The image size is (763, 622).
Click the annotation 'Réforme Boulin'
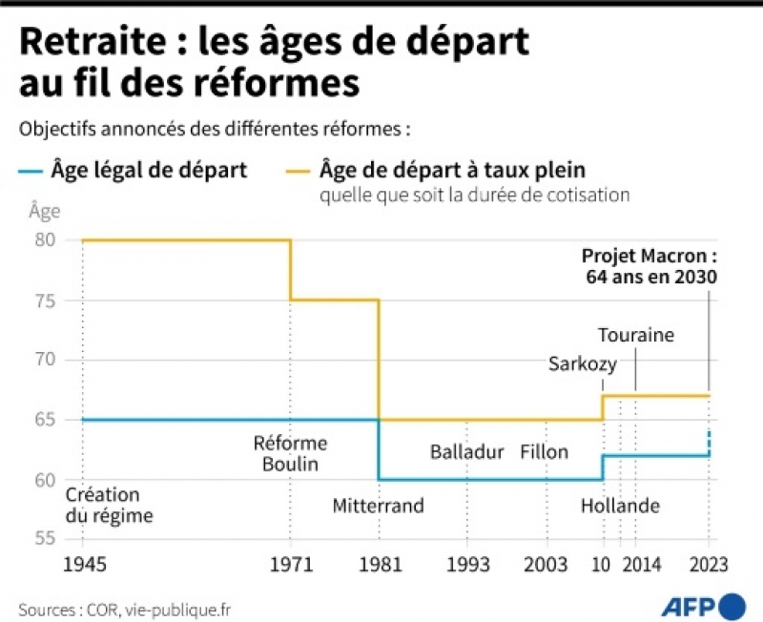point(290,454)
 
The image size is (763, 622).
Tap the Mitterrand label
point(378,507)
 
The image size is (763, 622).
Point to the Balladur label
point(466,452)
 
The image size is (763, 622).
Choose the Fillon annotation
point(545,452)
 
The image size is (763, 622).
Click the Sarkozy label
point(583,363)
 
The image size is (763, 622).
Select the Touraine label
point(636,335)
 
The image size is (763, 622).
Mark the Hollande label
point(620,507)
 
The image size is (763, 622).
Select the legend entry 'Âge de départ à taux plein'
point(452,171)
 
